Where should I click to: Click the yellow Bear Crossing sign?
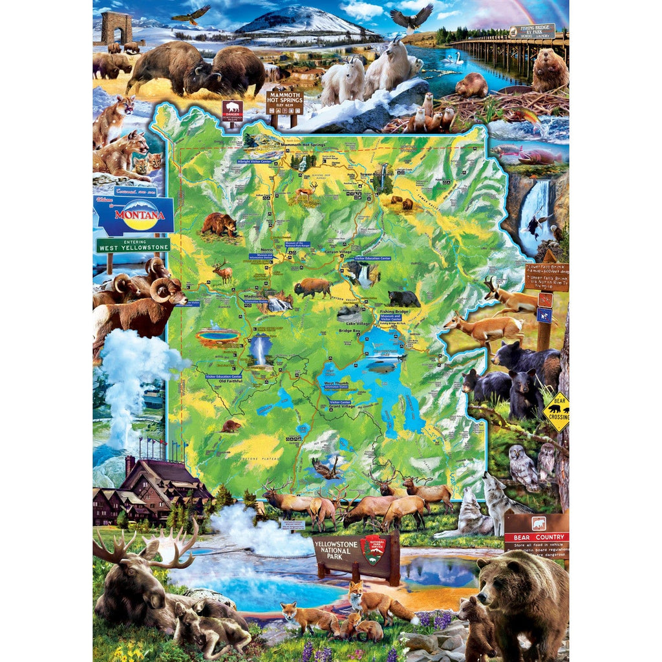tap(556, 412)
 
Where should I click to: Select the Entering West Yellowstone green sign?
tap(133, 245)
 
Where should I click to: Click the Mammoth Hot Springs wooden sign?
tap(284, 102)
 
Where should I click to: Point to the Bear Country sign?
tap(536, 537)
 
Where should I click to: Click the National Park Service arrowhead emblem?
tap(373, 549)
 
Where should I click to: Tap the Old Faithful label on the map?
tap(231, 381)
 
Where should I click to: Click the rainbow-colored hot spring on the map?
tap(217, 335)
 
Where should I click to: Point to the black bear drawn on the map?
tap(404, 298)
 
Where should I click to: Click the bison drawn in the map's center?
tap(313, 288)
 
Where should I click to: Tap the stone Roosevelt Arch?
tap(116, 27)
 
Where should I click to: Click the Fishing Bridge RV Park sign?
tap(531, 31)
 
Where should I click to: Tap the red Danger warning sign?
tap(231, 110)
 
